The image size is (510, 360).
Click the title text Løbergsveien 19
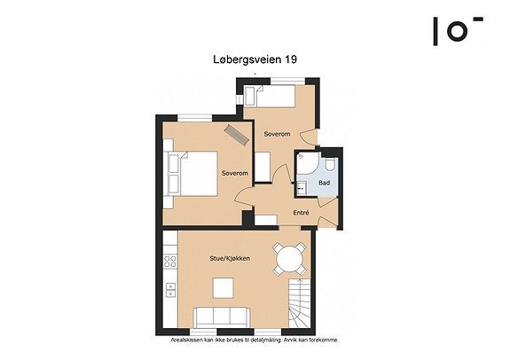pyautogui.click(x=254, y=60)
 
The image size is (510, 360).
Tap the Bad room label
pyautogui.click(x=324, y=183)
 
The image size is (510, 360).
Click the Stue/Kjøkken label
pyautogui.click(x=228, y=258)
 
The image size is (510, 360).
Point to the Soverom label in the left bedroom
pyautogui.click(x=235, y=172)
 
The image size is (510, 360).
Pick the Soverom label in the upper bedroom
pyautogui.click(x=277, y=134)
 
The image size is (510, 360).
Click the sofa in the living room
pyautogui.click(x=222, y=317)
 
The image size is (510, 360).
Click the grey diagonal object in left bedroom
pyautogui.click(x=235, y=134)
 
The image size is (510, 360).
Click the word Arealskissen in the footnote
pyautogui.click(x=190, y=340)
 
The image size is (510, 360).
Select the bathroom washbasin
pyautogui.click(x=301, y=187)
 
